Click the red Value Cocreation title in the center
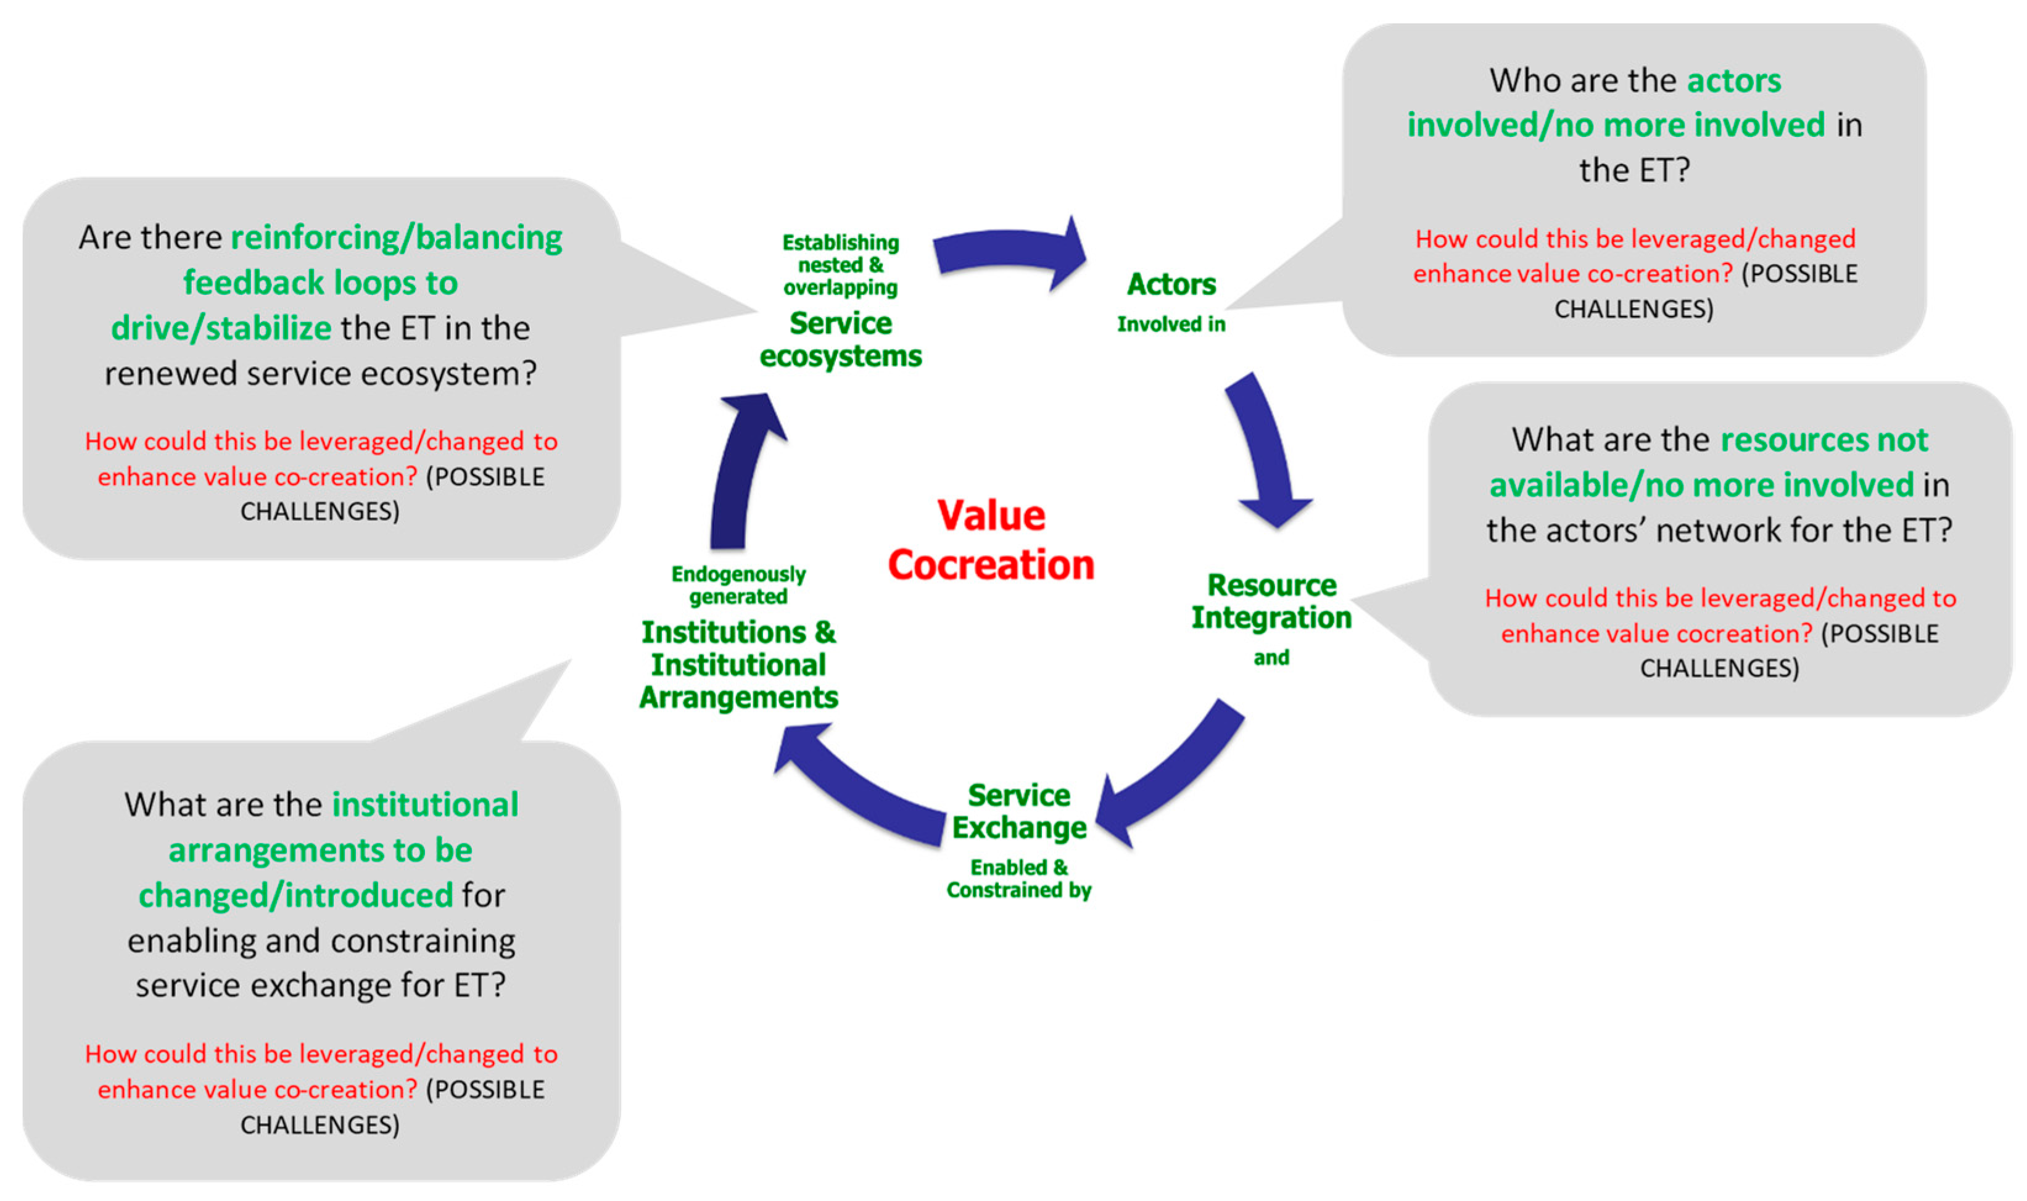click(x=991, y=540)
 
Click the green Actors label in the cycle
click(x=1171, y=284)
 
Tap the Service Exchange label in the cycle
click(x=1019, y=812)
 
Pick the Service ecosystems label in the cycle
click(x=841, y=340)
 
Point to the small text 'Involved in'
click(x=1171, y=324)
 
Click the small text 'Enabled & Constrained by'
click(x=1019, y=879)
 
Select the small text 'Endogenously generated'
click(x=738, y=585)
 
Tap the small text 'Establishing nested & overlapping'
click(x=841, y=265)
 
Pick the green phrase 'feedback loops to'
click(x=320, y=283)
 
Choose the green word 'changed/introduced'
click(x=295, y=896)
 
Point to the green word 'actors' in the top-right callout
click(x=1733, y=81)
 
